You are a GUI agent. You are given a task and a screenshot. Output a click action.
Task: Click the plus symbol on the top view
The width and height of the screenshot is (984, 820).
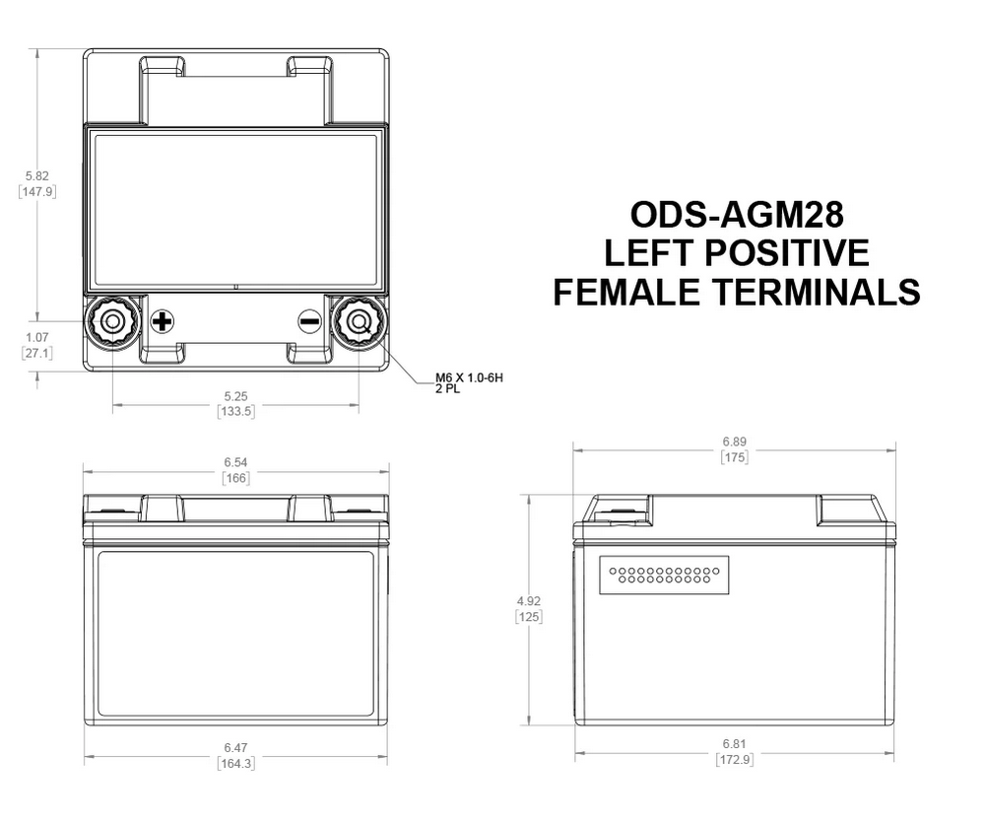(x=163, y=321)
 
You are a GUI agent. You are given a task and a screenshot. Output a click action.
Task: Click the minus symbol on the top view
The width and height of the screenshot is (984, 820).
(x=309, y=321)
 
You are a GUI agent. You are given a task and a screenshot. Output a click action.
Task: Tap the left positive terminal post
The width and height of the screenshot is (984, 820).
(x=111, y=321)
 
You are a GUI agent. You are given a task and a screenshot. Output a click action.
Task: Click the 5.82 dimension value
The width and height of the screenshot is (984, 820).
(x=36, y=175)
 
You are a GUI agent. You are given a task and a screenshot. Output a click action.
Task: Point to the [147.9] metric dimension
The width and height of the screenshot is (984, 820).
(x=36, y=191)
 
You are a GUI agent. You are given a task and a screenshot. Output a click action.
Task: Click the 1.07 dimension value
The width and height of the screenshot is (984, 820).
(x=36, y=337)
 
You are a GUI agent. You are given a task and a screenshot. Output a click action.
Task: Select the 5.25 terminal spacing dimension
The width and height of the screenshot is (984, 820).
(x=235, y=396)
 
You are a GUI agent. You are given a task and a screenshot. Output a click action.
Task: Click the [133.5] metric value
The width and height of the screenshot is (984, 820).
(x=235, y=411)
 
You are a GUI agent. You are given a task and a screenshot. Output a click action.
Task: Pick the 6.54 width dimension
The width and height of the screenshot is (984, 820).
(x=235, y=461)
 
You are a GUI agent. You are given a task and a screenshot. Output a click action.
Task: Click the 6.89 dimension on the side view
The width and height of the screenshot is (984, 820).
(x=734, y=443)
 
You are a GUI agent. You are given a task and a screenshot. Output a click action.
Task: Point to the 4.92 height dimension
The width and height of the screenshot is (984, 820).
(x=529, y=600)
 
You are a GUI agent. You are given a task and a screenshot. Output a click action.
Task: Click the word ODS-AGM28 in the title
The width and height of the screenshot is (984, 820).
(x=736, y=214)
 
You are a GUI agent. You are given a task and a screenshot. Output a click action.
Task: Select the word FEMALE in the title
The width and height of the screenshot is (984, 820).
(x=630, y=292)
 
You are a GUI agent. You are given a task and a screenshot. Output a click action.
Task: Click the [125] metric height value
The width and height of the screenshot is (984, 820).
(x=529, y=616)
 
